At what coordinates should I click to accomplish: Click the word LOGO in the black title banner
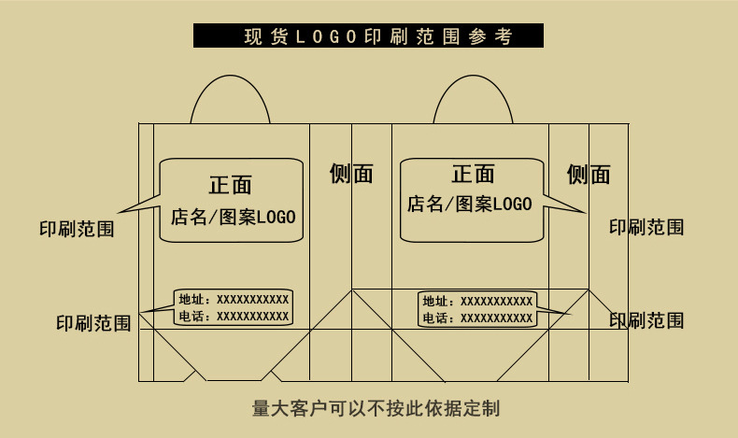click(x=326, y=36)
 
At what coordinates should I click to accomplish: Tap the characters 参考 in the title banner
click(x=495, y=36)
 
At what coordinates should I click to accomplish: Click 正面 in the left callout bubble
click(x=230, y=184)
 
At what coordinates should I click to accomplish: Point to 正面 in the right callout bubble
click(x=473, y=175)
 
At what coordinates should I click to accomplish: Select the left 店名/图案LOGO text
click(x=233, y=218)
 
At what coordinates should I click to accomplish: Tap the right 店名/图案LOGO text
click(x=469, y=204)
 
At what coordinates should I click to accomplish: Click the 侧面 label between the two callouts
click(x=351, y=174)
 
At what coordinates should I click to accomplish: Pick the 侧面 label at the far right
click(x=589, y=175)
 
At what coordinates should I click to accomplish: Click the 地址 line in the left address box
click(x=234, y=299)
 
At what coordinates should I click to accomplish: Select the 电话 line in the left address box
click(x=234, y=317)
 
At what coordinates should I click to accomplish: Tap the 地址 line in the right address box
click(x=477, y=301)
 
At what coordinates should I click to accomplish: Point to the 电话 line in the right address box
click(x=477, y=318)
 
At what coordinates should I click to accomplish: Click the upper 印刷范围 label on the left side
click(x=77, y=229)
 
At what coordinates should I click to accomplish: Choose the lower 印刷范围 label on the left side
click(x=93, y=323)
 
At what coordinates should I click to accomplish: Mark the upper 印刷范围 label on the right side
click(x=646, y=226)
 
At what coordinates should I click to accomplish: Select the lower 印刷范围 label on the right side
click(x=646, y=320)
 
